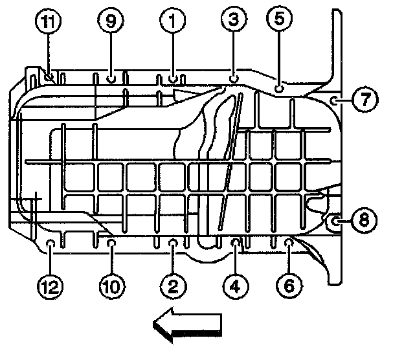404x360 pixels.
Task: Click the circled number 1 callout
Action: [x=173, y=21]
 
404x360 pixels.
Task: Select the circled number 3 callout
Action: [x=234, y=21]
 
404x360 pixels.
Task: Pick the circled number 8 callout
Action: [x=364, y=221]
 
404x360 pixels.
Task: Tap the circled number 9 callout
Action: [x=111, y=21]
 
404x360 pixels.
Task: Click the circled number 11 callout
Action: [x=49, y=22]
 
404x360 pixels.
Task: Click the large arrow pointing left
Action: [x=187, y=324]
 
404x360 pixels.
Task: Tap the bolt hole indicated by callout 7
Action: [x=333, y=100]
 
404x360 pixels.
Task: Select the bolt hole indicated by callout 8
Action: [x=336, y=222]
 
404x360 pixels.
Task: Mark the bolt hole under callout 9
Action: [x=111, y=78]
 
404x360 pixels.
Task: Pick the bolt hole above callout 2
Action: [x=172, y=242]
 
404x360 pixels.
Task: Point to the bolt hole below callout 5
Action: [x=279, y=87]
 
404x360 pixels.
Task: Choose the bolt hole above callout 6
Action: [x=289, y=242]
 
